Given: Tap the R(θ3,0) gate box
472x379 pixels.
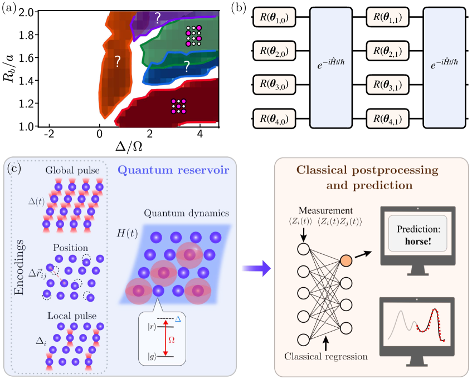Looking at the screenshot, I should coord(274,86).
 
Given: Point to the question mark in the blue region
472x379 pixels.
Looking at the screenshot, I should coord(187,66).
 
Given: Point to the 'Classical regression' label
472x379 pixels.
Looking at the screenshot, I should coord(325,355).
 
